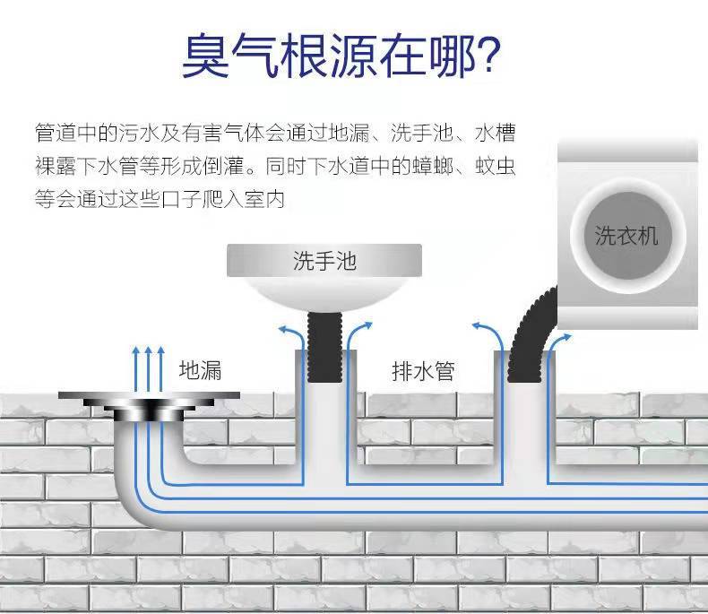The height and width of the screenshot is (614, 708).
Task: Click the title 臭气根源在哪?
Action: (x=340, y=55)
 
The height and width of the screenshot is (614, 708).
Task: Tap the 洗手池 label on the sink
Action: (x=324, y=261)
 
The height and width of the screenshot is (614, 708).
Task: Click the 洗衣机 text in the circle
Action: (x=626, y=235)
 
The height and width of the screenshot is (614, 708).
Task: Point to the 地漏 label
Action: (x=200, y=369)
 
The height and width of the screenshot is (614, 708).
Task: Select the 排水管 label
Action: (x=423, y=370)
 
